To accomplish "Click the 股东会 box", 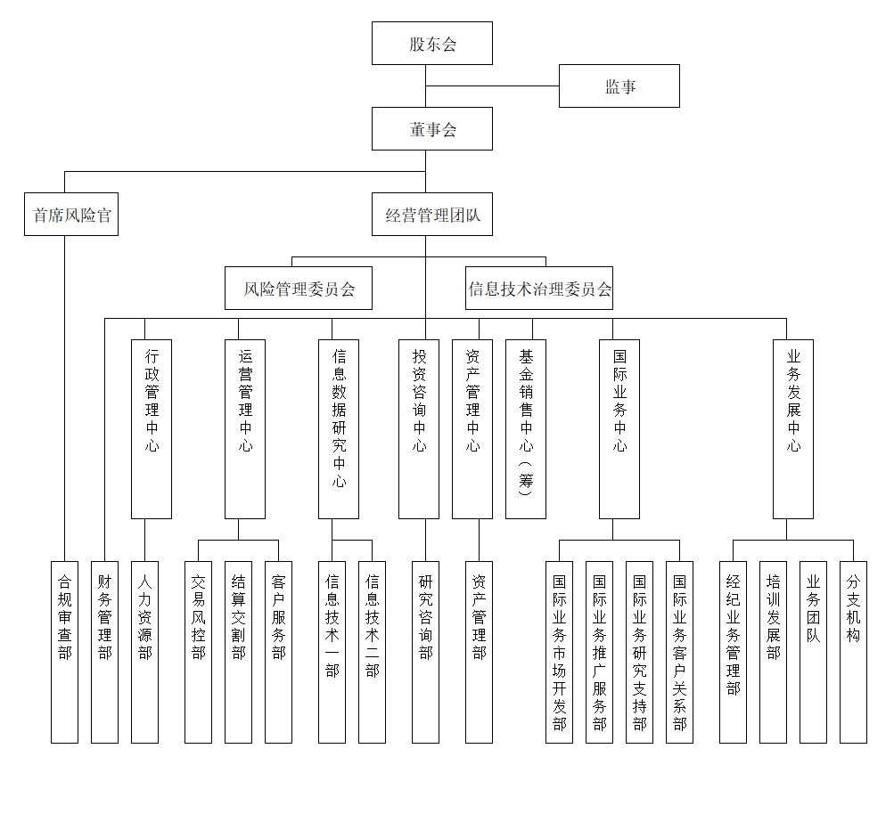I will [432, 44].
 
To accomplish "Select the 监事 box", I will [619, 86].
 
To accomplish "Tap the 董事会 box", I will [432, 129].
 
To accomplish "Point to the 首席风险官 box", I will [71, 215].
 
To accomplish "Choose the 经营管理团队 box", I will [432, 215].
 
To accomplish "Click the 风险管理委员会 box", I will [299, 289].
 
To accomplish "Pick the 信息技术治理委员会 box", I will [539, 289].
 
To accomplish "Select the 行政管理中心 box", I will [152, 428].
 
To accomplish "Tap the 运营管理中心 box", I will [245, 428].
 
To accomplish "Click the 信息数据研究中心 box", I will [339, 428].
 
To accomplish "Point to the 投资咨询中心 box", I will [419, 428].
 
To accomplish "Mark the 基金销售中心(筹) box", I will [526, 428].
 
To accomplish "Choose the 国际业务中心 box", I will [619, 428].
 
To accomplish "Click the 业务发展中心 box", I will [793, 428].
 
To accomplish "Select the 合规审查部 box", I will [64, 652].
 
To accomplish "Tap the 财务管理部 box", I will [104, 652].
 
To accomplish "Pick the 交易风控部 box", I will [198, 652].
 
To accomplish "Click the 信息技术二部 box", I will [372, 652].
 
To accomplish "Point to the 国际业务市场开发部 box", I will [559, 652].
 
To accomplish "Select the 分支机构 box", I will [853, 652].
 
